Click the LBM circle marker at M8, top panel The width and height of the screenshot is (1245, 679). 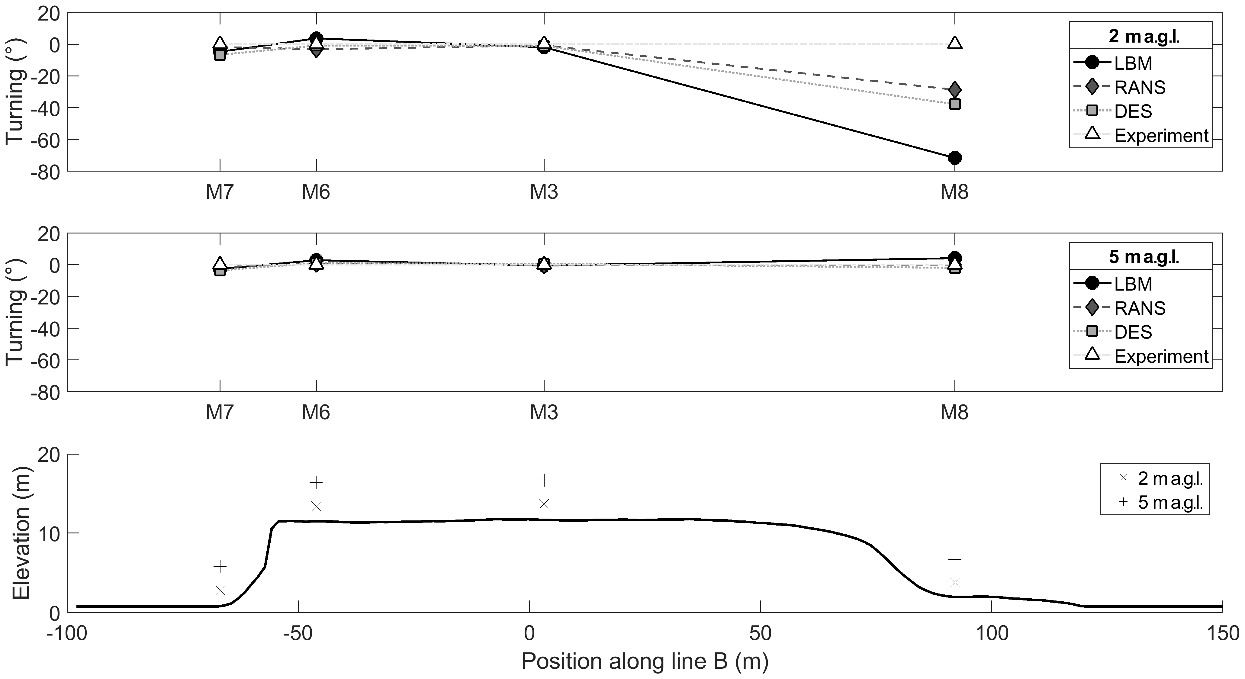click(x=954, y=158)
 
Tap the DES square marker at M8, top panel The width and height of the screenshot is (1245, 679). click(x=954, y=104)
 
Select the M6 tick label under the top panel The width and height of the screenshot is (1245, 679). click(x=316, y=192)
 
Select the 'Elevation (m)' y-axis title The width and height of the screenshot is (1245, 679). click(x=21, y=533)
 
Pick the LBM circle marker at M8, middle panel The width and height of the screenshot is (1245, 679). click(x=954, y=258)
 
